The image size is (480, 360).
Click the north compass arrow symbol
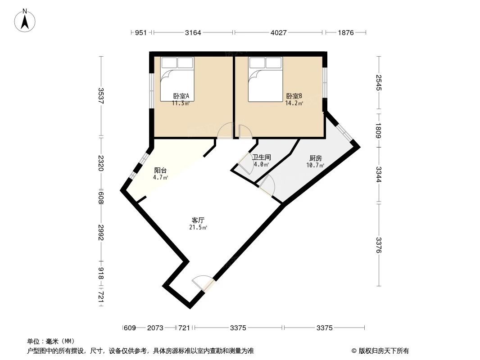tap(26, 20)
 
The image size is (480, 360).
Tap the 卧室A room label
tap(181, 96)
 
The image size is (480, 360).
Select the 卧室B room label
tap(294, 96)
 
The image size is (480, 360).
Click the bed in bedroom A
tap(178, 79)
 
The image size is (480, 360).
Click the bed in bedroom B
tap(266, 79)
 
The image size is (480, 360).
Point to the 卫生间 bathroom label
tap(261, 157)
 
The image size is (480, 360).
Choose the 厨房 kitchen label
tap(315, 158)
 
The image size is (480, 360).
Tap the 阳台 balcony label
tap(161, 171)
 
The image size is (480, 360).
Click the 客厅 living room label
tap(198, 220)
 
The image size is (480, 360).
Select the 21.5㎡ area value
tap(198, 228)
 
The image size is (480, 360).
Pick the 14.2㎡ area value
tap(294, 103)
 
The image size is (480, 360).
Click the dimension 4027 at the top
tap(278, 32)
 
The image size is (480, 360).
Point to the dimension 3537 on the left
tap(101, 96)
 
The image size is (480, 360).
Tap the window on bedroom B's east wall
tap(325, 82)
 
